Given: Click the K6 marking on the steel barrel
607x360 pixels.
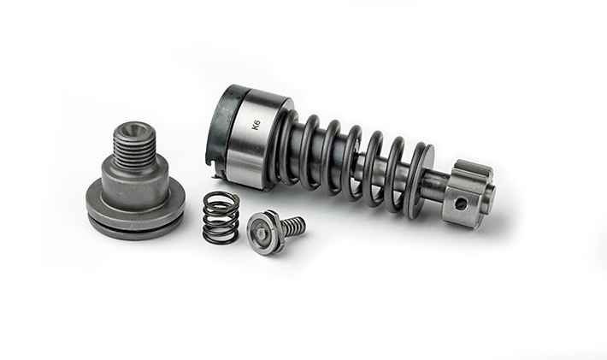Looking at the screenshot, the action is [x=256, y=126].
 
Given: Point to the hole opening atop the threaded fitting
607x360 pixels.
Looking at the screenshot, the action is [x=133, y=129].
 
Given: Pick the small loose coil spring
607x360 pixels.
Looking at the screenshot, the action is [x=221, y=218].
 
